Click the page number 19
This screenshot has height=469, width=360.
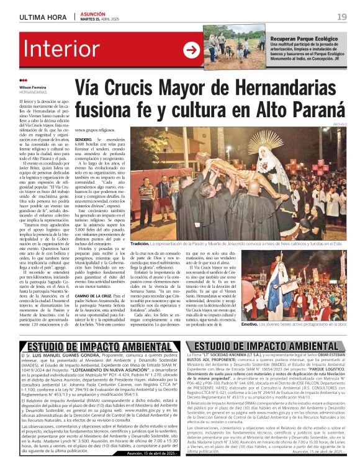pos(342,16)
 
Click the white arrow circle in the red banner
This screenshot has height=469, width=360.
pos(191,50)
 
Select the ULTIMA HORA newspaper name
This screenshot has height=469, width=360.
pos(42,16)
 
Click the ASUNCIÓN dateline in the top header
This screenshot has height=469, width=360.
pos(93,13)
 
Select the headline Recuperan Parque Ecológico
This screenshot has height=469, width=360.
pos(299,38)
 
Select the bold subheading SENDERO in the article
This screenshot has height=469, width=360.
pos(84,140)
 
